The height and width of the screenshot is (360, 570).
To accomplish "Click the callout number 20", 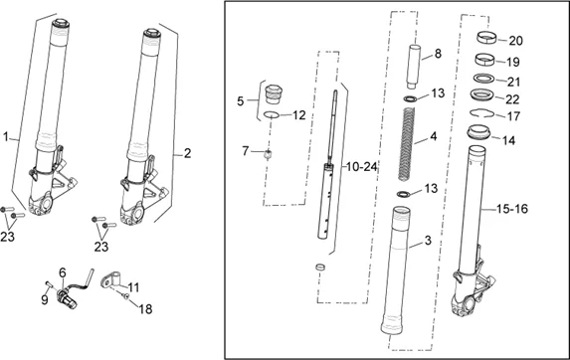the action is (x=515, y=41).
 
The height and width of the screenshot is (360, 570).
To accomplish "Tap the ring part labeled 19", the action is (x=484, y=60).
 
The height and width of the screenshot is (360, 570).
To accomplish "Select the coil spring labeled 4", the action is (x=408, y=144).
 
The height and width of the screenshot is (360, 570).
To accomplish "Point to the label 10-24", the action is (x=362, y=167).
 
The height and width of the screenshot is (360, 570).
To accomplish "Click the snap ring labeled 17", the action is (x=481, y=113).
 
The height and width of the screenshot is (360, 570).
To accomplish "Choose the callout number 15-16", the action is (x=512, y=209).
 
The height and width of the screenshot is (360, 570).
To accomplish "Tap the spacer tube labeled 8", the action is (x=413, y=67).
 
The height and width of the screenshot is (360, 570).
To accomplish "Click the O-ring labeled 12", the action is (x=272, y=114).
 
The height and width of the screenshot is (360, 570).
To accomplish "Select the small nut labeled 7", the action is (x=268, y=154).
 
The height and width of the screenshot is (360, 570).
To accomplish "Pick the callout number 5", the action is (x=241, y=101).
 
